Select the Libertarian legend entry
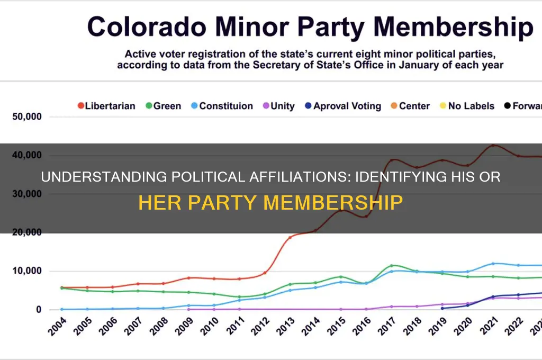pos(106,106)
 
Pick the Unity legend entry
pos(278,106)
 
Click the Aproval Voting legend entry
pos(342,106)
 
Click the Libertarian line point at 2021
pos(494,145)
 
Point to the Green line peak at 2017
pos(392,265)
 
